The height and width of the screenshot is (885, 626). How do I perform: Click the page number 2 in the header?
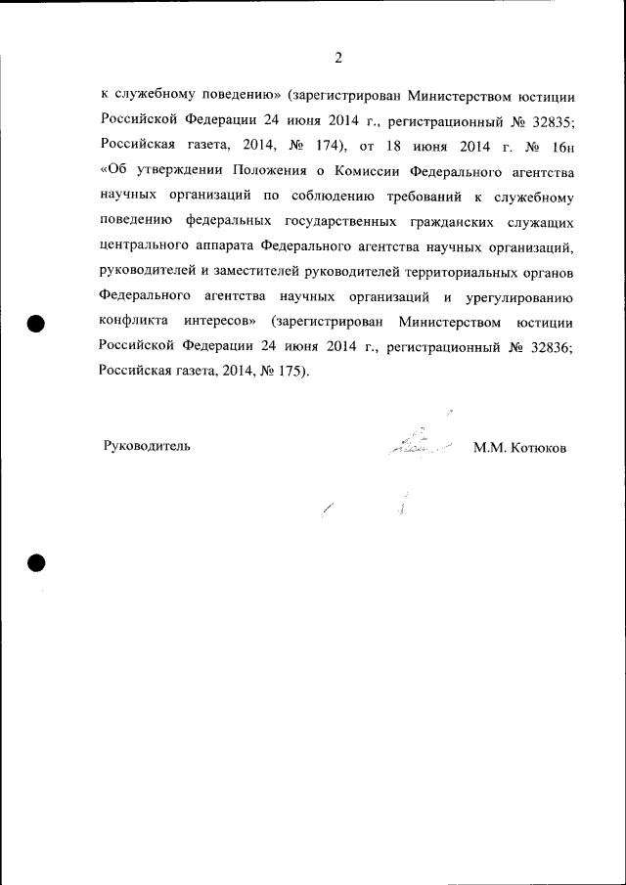[338, 58]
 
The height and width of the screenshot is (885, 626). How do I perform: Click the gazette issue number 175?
[284, 372]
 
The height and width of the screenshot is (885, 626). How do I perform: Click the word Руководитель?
[147, 446]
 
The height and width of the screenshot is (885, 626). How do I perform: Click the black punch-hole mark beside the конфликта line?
[37, 323]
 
